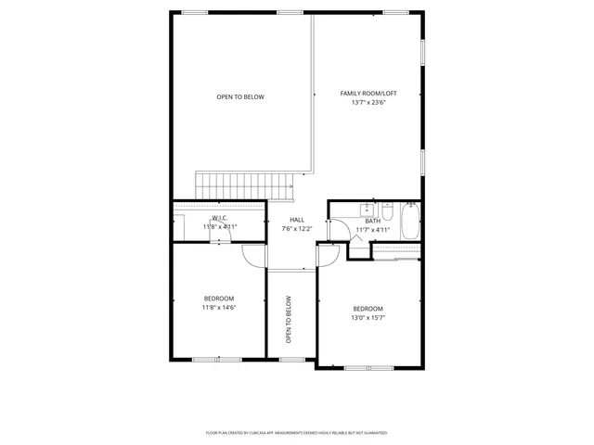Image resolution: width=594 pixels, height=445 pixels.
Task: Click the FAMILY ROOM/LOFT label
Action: click(368, 94)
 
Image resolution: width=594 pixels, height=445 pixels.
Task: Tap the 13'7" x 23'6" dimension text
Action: click(368, 103)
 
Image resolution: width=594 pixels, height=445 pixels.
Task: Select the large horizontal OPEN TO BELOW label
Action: click(240, 97)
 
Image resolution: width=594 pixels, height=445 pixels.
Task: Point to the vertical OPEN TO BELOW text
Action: click(289, 320)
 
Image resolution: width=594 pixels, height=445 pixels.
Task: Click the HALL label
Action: click(297, 220)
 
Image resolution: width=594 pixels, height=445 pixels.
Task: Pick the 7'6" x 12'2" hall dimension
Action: click(297, 228)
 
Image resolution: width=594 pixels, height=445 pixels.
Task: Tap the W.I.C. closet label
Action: click(220, 218)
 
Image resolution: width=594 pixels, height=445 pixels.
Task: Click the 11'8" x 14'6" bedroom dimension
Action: click(220, 307)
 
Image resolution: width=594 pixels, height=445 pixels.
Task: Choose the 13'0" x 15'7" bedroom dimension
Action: click(368, 317)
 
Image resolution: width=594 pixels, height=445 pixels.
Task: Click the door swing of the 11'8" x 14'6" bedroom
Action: click(254, 255)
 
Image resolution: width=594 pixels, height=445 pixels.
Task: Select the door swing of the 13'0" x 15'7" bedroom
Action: click(326, 256)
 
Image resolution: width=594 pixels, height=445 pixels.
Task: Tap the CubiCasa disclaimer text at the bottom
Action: click(297, 433)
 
